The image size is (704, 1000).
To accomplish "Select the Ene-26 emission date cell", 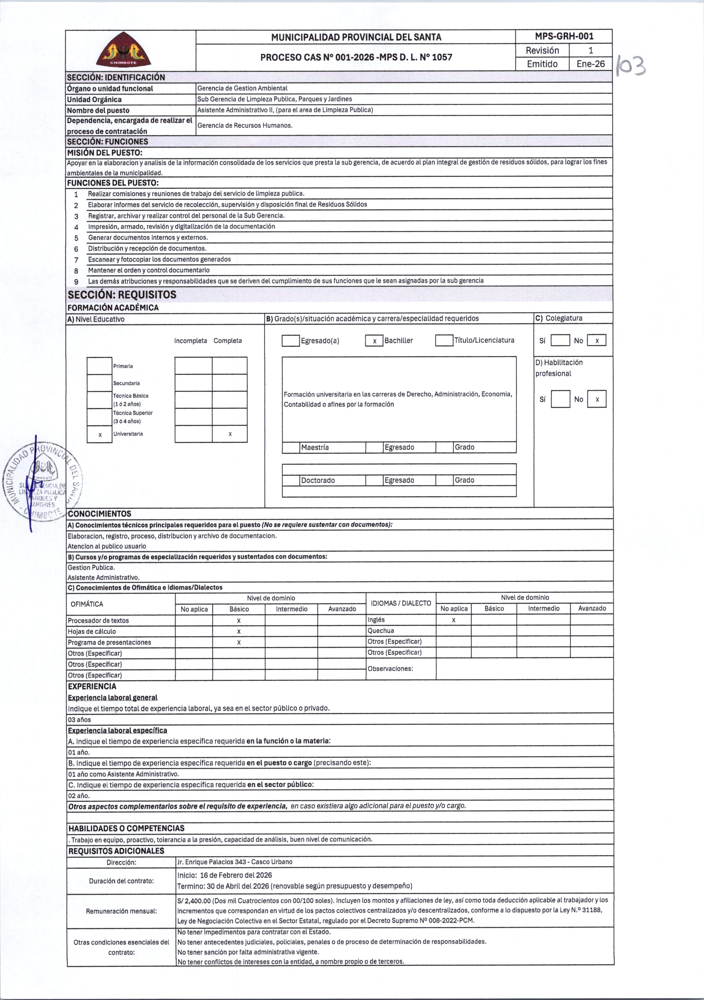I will coord(590,64).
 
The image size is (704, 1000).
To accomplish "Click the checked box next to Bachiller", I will coord(374,341).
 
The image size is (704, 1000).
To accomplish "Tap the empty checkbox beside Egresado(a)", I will coord(291,341).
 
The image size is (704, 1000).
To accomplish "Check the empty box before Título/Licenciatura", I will coord(444,340).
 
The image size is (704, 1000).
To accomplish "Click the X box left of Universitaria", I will coord(100,435).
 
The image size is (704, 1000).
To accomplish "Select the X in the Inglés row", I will coord(453,620).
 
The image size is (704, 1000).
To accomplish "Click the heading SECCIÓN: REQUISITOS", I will coord(122,295).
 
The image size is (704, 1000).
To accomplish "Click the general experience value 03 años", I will coord(79,720).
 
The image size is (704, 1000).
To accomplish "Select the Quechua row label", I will coord(381,631).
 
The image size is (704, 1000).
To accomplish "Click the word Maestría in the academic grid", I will coord(315,447).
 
